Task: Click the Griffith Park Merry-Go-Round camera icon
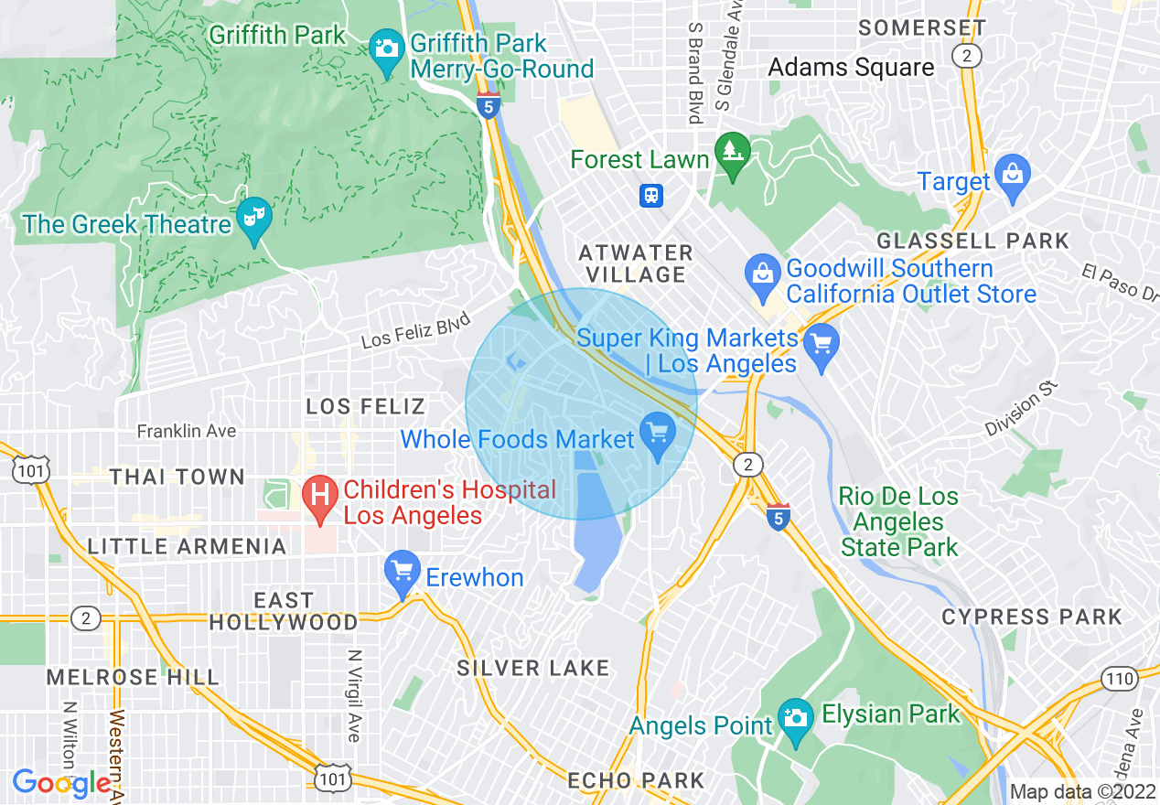click(387, 47)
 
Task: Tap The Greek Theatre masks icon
click(254, 217)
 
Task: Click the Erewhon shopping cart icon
click(402, 569)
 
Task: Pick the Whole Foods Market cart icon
click(656, 431)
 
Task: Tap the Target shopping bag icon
click(1013, 174)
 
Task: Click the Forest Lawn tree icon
click(731, 150)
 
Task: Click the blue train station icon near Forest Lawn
click(651, 196)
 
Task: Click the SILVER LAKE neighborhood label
click(533, 668)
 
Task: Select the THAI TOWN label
click(177, 477)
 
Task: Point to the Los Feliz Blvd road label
click(416, 330)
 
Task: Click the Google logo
click(62, 783)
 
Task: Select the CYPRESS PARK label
click(1032, 617)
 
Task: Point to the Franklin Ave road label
click(187, 431)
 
